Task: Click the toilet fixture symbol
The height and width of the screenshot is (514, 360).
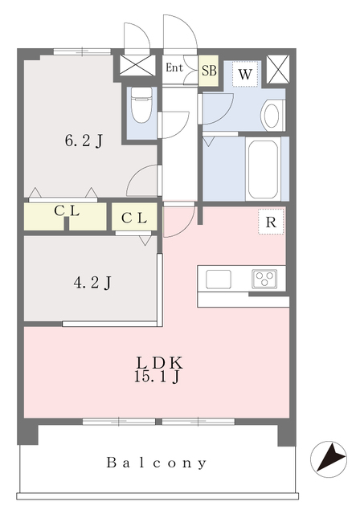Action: [141, 105]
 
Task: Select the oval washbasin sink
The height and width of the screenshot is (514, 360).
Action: [272, 116]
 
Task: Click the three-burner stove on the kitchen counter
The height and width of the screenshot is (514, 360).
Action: [264, 279]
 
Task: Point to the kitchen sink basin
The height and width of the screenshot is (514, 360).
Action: [219, 279]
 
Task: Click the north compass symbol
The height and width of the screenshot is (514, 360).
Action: [329, 459]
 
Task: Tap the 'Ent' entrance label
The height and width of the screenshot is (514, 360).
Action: [174, 67]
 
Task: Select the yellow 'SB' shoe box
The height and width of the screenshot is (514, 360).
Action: [208, 71]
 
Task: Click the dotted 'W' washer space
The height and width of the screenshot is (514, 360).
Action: [245, 75]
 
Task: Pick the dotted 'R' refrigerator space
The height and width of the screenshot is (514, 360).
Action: [271, 222]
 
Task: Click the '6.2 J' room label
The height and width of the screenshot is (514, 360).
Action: [84, 141]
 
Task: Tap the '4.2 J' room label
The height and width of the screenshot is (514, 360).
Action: [92, 283]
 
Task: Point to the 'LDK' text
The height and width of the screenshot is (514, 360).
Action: [159, 362]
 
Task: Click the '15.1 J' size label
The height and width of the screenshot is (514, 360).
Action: [157, 377]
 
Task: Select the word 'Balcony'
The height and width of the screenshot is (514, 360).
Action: [157, 463]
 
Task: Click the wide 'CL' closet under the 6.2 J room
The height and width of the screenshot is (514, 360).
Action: [65, 217]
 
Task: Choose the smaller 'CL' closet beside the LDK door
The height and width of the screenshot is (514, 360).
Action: [134, 217]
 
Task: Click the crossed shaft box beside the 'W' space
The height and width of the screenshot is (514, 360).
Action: [278, 69]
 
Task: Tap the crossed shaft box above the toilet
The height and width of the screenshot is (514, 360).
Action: [137, 65]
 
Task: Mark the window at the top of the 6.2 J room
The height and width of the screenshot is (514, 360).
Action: [82, 51]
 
